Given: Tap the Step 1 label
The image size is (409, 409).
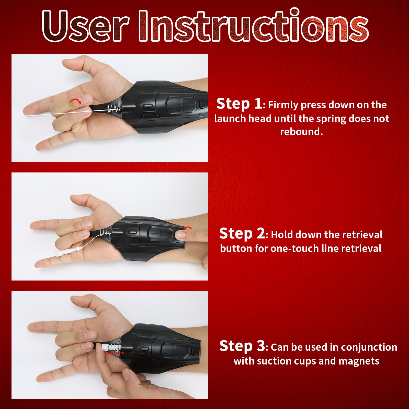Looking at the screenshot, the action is (x=239, y=104).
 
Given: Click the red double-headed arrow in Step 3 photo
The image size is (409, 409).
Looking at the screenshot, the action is (x=116, y=353).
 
